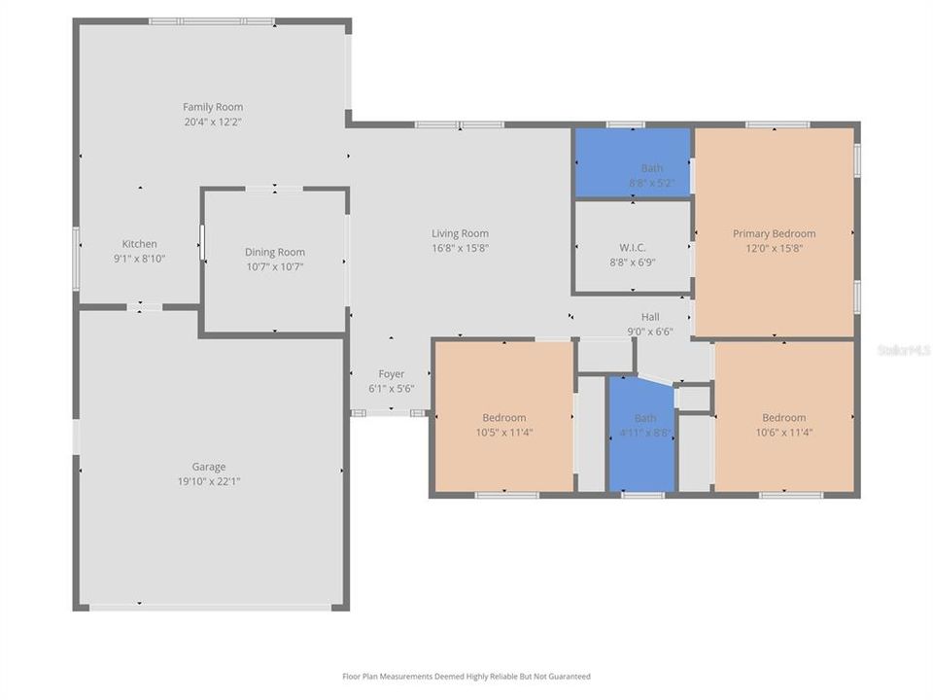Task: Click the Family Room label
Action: pyautogui.click(x=213, y=107)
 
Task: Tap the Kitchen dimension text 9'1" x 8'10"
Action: pyautogui.click(x=139, y=259)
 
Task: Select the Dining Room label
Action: pyautogui.click(x=274, y=252)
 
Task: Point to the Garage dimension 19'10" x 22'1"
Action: pyautogui.click(x=209, y=481)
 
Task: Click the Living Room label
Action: pyautogui.click(x=460, y=233)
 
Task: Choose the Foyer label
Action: pyautogui.click(x=392, y=374)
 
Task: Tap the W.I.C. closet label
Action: pyautogui.click(x=633, y=247)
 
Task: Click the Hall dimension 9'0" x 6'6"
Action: pyautogui.click(x=650, y=332)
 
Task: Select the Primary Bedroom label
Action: pyautogui.click(x=774, y=233)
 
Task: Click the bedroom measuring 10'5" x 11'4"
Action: pyautogui.click(x=503, y=418)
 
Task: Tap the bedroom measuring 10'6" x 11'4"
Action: pyautogui.click(x=783, y=418)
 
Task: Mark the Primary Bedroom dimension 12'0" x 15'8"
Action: pyautogui.click(x=774, y=248)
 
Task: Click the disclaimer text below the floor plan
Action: pyautogui.click(x=466, y=677)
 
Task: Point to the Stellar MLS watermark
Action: pyautogui.click(x=903, y=349)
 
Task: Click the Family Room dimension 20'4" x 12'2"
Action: pyautogui.click(x=213, y=122)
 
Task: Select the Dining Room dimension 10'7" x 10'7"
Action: pyautogui.click(x=274, y=266)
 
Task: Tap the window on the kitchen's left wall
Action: pyautogui.click(x=76, y=258)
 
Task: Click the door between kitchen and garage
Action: pyautogui.click(x=145, y=307)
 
